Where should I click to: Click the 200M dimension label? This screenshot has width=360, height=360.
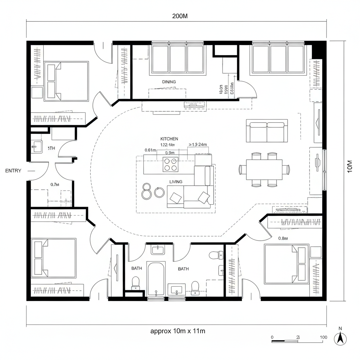180,16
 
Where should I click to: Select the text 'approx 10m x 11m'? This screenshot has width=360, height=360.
178,331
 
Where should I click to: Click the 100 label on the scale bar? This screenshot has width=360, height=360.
323,337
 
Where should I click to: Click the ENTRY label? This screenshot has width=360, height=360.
13,171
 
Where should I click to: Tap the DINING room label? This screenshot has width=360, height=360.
169,82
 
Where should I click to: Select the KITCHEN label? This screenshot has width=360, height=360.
169,139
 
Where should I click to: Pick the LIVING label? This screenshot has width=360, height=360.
176,182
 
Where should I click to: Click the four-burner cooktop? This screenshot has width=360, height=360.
170,164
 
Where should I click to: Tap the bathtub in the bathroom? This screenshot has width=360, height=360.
156,279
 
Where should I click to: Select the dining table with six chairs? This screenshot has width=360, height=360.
264,169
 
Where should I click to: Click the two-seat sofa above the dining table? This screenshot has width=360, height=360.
267,130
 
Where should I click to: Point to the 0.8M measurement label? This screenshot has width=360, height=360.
283,238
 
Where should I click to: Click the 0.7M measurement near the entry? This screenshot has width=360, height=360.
54,184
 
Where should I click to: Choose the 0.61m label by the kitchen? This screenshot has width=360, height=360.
150,150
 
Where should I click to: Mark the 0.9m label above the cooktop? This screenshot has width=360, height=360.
170,153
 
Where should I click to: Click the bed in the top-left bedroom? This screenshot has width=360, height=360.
66,81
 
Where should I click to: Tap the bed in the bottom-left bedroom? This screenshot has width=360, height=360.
54,258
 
